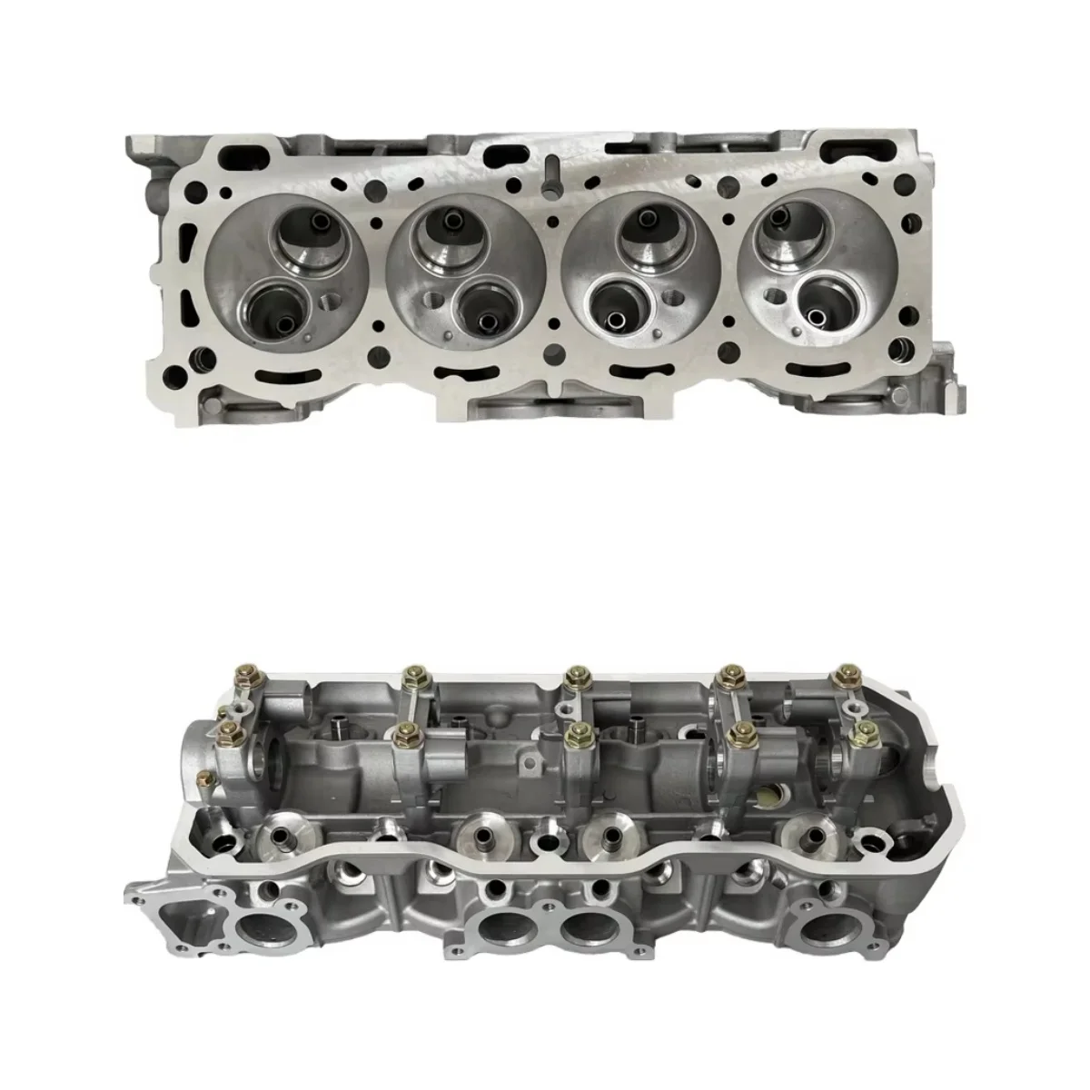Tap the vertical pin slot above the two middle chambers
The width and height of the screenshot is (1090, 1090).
[551, 173]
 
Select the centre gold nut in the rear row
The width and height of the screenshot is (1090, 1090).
[573, 677]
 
